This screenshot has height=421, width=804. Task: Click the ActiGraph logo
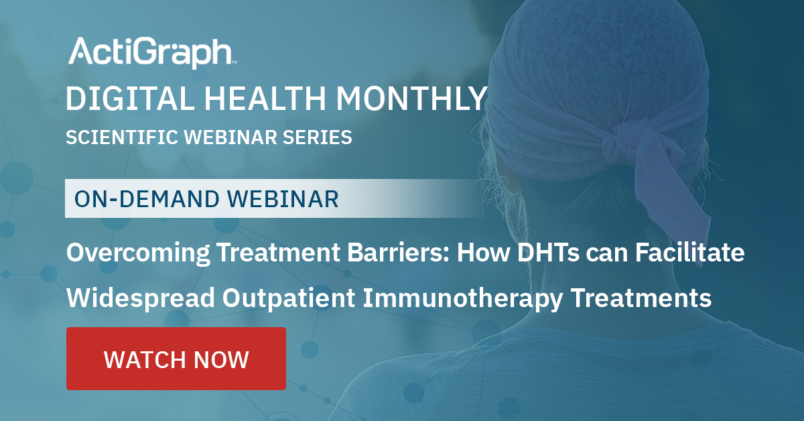tap(153, 52)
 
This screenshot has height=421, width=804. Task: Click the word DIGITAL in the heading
tap(130, 98)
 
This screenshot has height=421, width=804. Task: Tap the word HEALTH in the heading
tap(265, 98)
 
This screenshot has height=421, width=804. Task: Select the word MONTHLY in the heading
tap(411, 98)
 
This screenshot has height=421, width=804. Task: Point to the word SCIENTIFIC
tap(122, 137)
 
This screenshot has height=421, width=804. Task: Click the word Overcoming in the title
tap(138, 253)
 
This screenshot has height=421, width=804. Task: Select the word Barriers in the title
tap(399, 252)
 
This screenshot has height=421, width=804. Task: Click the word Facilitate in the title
tap(689, 252)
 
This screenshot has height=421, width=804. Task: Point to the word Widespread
tap(141, 298)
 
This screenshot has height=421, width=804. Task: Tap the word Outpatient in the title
tap(289, 298)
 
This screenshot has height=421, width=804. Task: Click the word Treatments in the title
tap(641, 298)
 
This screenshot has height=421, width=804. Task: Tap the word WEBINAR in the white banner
tap(283, 198)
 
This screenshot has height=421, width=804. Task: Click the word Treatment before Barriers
tap(279, 252)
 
